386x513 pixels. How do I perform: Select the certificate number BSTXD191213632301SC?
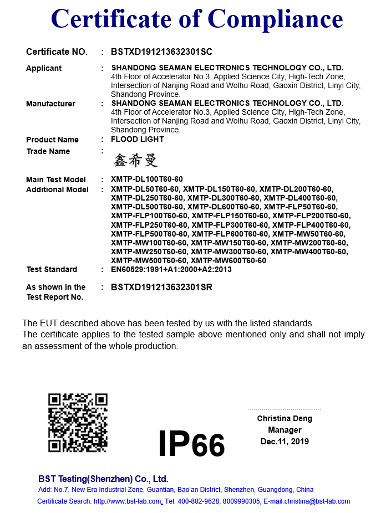161,52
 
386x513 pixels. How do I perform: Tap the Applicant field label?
44,68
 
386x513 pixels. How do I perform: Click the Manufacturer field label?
50,104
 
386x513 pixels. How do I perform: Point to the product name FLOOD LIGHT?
137,139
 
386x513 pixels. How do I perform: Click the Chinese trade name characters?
136,161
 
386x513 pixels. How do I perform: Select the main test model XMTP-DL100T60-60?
146,179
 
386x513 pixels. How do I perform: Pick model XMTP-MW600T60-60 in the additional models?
228,260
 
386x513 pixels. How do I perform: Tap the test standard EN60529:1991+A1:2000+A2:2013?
171,269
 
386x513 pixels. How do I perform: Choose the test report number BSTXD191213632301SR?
161,287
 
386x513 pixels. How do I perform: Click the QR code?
77,422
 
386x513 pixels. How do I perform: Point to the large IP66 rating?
191,444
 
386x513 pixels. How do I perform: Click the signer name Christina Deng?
285,418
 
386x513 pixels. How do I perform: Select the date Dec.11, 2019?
285,442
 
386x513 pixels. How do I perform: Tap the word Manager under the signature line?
285,430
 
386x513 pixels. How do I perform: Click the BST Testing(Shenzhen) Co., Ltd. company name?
103,479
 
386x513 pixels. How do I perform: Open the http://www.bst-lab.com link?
128,501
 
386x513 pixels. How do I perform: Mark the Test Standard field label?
52,269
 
